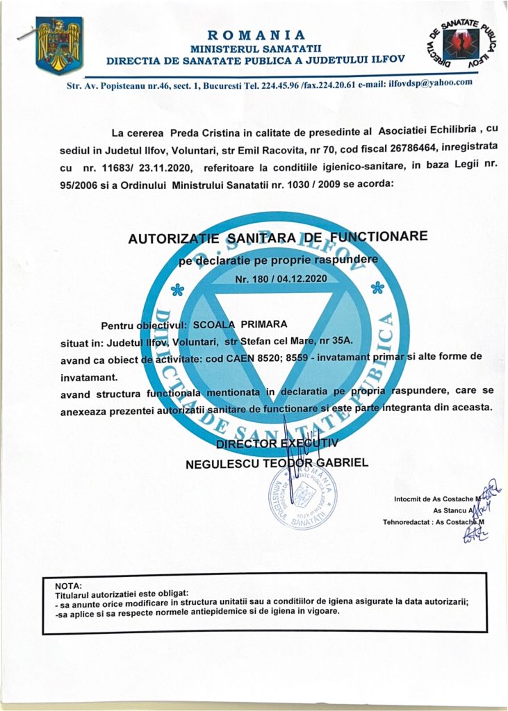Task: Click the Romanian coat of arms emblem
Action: click(59, 47)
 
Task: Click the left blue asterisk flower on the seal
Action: click(177, 290)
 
